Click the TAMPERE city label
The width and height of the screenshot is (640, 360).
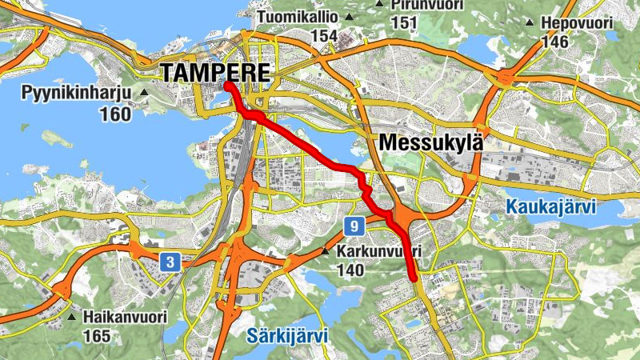click(x=216, y=73)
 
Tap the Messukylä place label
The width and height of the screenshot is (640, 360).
click(x=433, y=143)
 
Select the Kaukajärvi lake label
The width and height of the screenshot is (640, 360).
click(x=551, y=208)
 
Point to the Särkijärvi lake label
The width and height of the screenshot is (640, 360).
click(x=288, y=335)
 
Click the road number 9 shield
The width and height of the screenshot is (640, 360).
click(x=354, y=226)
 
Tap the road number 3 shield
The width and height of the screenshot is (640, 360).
click(x=169, y=262)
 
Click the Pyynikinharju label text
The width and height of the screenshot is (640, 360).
click(x=70, y=94)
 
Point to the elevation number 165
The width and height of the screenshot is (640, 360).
click(x=96, y=336)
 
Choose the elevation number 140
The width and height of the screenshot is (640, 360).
click(x=350, y=271)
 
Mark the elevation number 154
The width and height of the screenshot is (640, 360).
click(x=324, y=35)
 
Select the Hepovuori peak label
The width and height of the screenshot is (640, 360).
click(x=577, y=22)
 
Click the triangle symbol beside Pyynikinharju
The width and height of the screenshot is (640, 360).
click(x=144, y=94)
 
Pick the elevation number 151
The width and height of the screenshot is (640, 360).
click(x=404, y=22)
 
